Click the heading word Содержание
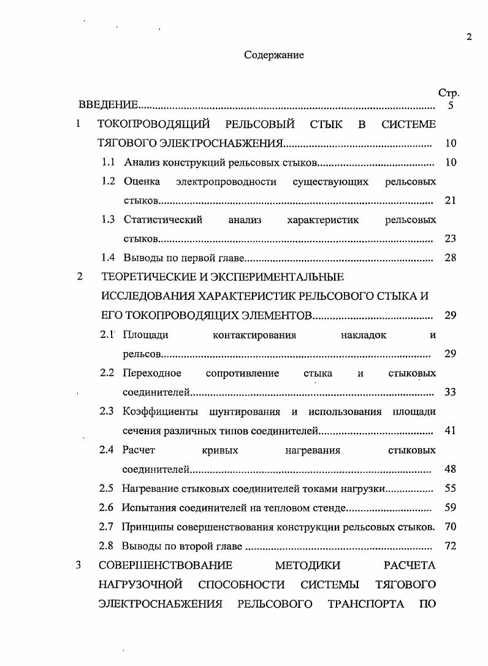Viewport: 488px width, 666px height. click(274, 55)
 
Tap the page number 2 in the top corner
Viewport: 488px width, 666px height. click(469, 37)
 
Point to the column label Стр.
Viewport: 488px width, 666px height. click(449, 93)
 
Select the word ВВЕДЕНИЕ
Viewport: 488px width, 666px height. click(108, 105)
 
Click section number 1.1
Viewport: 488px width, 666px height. click(109, 163)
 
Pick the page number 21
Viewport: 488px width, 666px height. click(450, 201)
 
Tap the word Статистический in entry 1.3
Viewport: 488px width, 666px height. click(162, 220)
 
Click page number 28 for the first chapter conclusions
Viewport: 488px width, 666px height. click(450, 258)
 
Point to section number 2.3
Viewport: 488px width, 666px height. click(107, 411)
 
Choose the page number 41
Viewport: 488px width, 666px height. click(450, 431)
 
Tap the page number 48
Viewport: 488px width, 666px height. click(450, 470)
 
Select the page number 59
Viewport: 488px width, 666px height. click(450, 508)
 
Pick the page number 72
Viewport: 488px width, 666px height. click(450, 546)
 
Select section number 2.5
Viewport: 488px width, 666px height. click(107, 489)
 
